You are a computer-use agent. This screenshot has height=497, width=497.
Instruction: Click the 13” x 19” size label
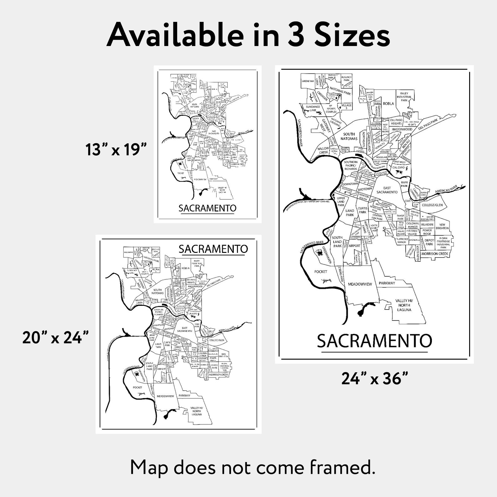pyautogui.click(x=116, y=150)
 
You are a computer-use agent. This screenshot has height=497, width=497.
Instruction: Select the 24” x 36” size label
pyautogui.click(x=375, y=379)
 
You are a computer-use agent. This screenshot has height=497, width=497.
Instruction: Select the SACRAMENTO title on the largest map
pyautogui.click(x=374, y=341)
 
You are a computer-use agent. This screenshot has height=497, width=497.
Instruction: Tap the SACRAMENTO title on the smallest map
pyautogui.click(x=207, y=208)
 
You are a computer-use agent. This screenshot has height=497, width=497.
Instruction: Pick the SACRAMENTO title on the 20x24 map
pyautogui.click(x=213, y=249)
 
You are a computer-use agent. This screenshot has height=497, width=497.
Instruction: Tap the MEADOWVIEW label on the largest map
pyautogui.click(x=360, y=284)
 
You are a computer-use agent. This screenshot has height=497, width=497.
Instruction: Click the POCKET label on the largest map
pyautogui.click(x=321, y=272)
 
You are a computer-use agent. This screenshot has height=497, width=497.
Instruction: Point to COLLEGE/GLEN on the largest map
pyautogui.click(x=432, y=205)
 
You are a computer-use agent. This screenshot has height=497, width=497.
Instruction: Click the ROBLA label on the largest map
pyautogui.click(x=388, y=104)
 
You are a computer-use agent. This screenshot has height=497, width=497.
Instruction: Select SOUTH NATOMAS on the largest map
pyautogui.click(x=349, y=136)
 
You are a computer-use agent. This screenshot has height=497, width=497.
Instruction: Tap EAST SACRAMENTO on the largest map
pyautogui.click(x=387, y=190)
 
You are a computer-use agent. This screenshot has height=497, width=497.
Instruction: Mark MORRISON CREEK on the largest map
pyautogui.click(x=434, y=254)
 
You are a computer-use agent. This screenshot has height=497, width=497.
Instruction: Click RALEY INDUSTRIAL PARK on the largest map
pyautogui.click(x=404, y=97)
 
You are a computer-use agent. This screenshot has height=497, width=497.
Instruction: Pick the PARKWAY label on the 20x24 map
pyautogui.click(x=185, y=396)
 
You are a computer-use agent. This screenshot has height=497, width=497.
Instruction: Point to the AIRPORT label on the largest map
pyautogui.click(x=355, y=246)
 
